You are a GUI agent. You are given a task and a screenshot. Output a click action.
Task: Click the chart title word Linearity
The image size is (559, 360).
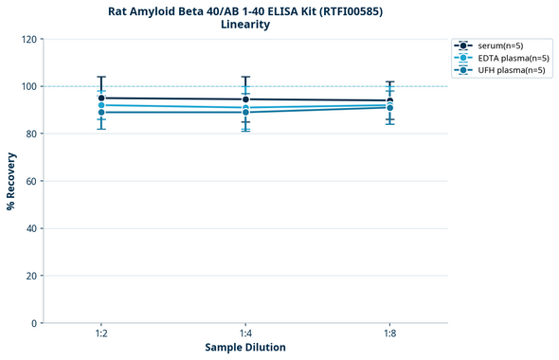click(x=245, y=25)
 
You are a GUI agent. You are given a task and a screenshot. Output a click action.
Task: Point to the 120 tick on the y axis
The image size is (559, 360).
click(x=28, y=40)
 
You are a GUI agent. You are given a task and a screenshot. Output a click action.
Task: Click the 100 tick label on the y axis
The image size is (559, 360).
click(x=28, y=87)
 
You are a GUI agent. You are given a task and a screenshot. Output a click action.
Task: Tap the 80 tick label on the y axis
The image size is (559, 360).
click(x=31, y=135)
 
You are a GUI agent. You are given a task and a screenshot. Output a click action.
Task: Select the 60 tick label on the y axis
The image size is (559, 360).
click(x=31, y=181)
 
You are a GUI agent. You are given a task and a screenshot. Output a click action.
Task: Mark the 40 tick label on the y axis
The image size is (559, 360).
click(x=31, y=228)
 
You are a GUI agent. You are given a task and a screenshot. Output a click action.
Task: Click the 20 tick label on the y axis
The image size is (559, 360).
click(x=31, y=276)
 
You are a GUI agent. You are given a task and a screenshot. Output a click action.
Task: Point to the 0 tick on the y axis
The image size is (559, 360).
click(x=34, y=323)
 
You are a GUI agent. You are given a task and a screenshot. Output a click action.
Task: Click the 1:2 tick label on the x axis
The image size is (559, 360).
click(x=101, y=334)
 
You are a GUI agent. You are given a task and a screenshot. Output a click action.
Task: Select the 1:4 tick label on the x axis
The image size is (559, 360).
click(x=245, y=334)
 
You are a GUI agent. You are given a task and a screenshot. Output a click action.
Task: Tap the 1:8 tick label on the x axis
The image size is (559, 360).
click(x=389, y=334)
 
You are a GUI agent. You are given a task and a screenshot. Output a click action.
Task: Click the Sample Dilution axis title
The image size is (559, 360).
click(x=245, y=348)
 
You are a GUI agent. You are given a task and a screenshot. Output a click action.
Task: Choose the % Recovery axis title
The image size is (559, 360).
click(x=10, y=181)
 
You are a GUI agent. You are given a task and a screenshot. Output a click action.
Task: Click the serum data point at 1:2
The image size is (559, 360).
click(x=101, y=98)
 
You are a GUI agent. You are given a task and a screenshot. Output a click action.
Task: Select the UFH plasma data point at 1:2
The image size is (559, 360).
click(x=101, y=113)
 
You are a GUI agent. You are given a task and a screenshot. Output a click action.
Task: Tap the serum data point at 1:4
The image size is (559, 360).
click(x=245, y=99)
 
